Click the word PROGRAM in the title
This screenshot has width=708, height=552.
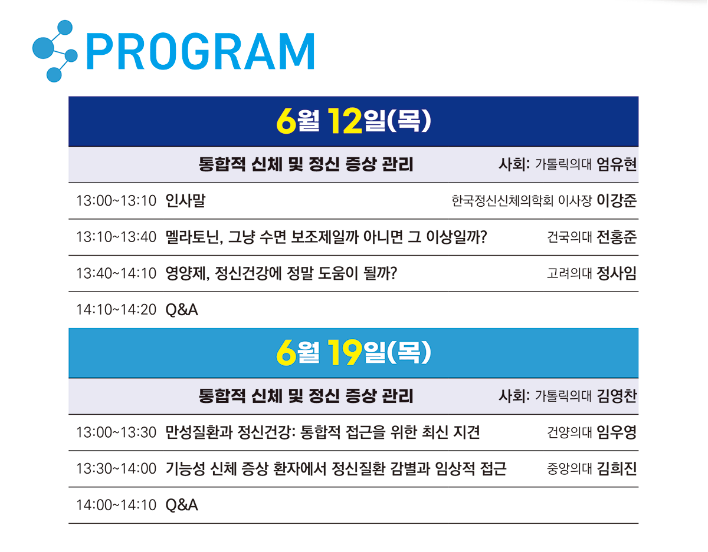(x=201, y=51)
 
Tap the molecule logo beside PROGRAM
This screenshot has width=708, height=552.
(x=55, y=51)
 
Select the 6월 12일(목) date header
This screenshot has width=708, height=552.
(x=353, y=121)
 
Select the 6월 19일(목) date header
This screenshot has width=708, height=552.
(x=353, y=353)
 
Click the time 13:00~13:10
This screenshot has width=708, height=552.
(x=116, y=201)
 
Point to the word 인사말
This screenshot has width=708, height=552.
(x=185, y=200)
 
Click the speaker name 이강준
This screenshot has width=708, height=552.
(x=617, y=200)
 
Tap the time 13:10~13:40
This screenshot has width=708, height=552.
(x=116, y=237)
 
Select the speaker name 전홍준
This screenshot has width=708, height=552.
(x=617, y=237)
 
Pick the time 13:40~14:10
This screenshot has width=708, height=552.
(x=116, y=273)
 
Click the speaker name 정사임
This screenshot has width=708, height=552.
(x=617, y=273)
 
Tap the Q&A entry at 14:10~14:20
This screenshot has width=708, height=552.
(x=182, y=310)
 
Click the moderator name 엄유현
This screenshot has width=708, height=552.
(x=617, y=164)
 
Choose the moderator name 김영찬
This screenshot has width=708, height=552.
(x=617, y=396)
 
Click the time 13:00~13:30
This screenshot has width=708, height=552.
(x=116, y=432)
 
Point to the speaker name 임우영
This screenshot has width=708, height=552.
(x=617, y=432)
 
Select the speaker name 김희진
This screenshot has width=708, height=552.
(x=617, y=469)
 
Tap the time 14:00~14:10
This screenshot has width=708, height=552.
(x=116, y=505)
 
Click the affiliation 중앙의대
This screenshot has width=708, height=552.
(x=569, y=469)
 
